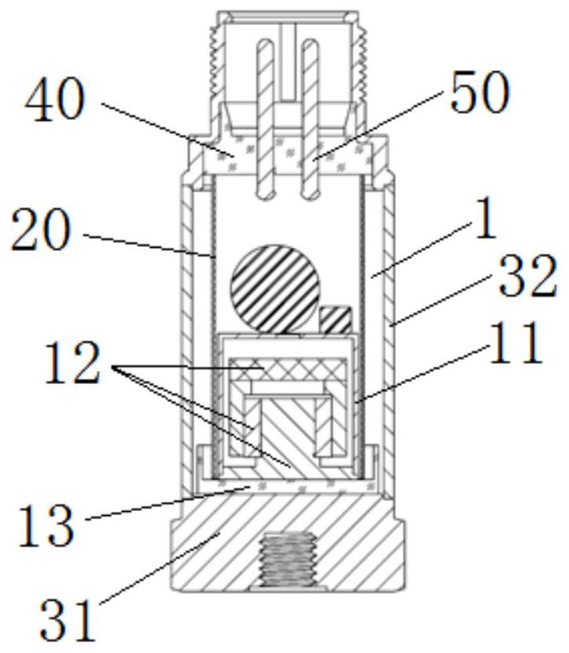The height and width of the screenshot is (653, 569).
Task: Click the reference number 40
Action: [x=55, y=100]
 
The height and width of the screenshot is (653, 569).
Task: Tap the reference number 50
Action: [x=480, y=92]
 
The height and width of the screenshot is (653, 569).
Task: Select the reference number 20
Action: [x=41, y=230]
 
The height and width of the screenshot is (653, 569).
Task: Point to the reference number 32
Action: [x=527, y=276]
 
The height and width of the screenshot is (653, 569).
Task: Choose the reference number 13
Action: [x=46, y=524]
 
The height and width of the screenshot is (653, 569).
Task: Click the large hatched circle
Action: [x=275, y=289]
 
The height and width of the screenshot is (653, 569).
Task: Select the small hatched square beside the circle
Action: [x=335, y=320]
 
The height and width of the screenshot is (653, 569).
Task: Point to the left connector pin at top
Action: [x=265, y=118]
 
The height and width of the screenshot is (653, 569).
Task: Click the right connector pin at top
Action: [x=310, y=118]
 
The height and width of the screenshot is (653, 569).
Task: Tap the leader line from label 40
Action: [x=165, y=129]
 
